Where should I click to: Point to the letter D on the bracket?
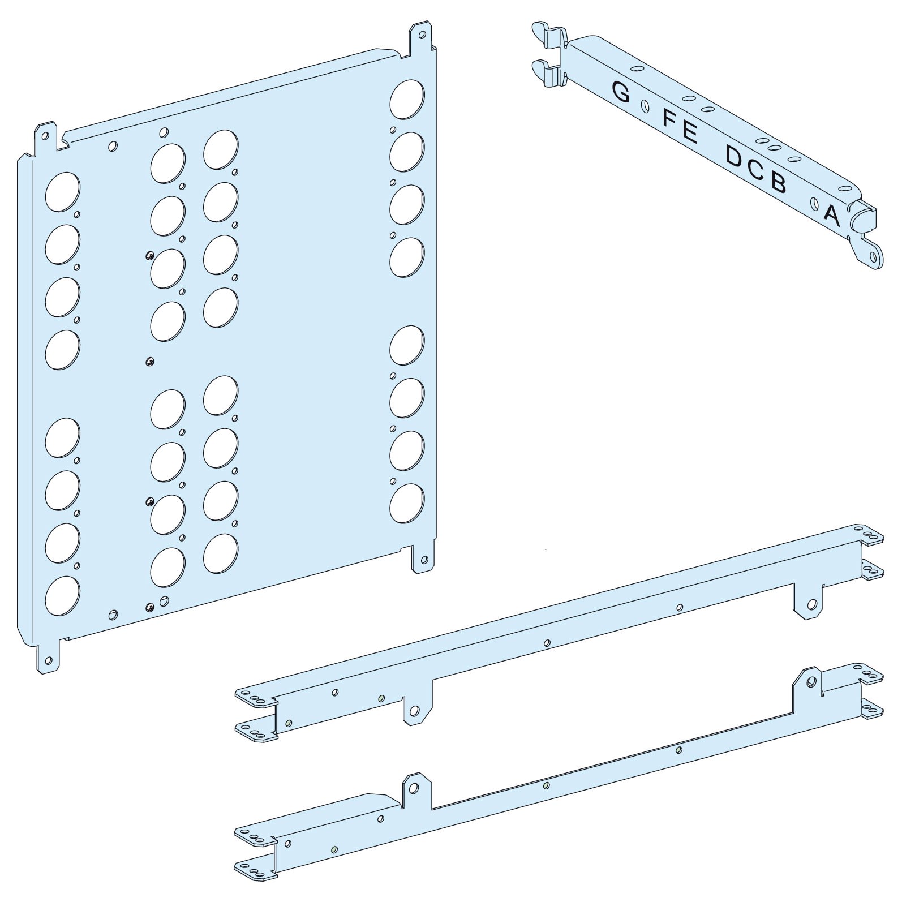735,157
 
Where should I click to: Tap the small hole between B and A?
814,203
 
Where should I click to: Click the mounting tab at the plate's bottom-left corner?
48,658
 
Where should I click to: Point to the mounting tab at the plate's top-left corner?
47,136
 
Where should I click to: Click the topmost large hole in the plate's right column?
407,100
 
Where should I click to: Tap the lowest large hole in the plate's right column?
407,502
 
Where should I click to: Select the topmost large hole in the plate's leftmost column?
62,192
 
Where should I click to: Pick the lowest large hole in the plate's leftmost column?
62,596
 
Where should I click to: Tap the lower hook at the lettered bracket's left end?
549,74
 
